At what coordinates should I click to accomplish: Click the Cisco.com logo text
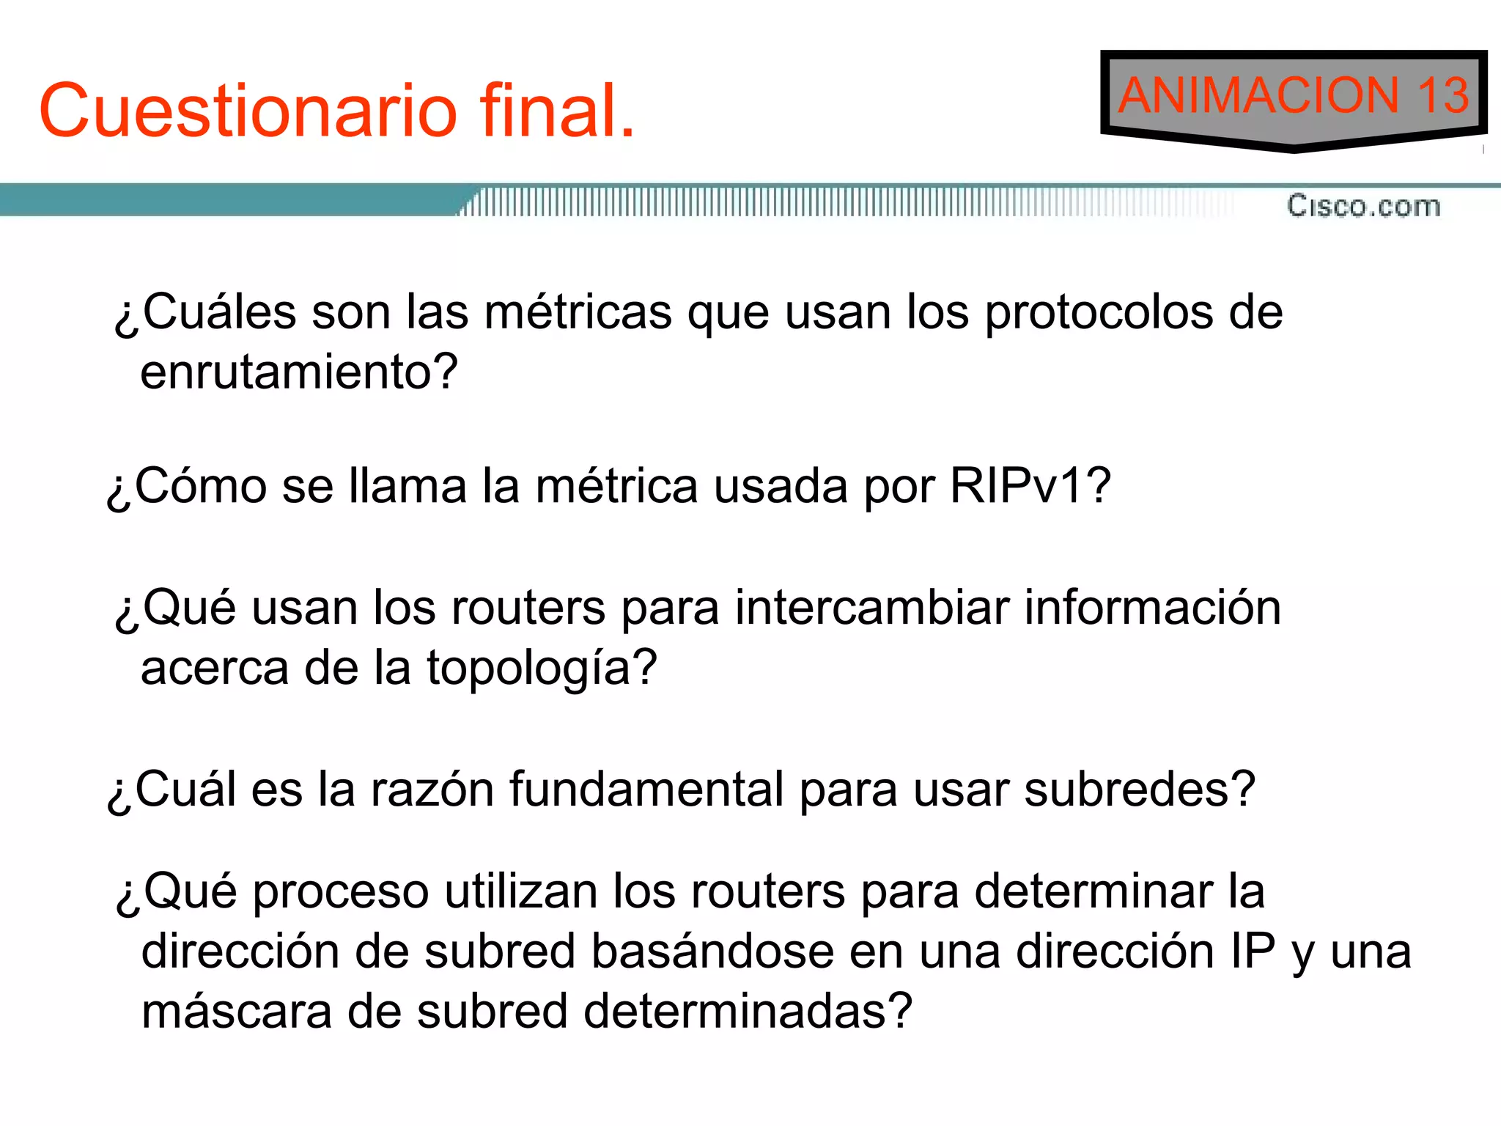1363,206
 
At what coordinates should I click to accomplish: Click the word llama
407,485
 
